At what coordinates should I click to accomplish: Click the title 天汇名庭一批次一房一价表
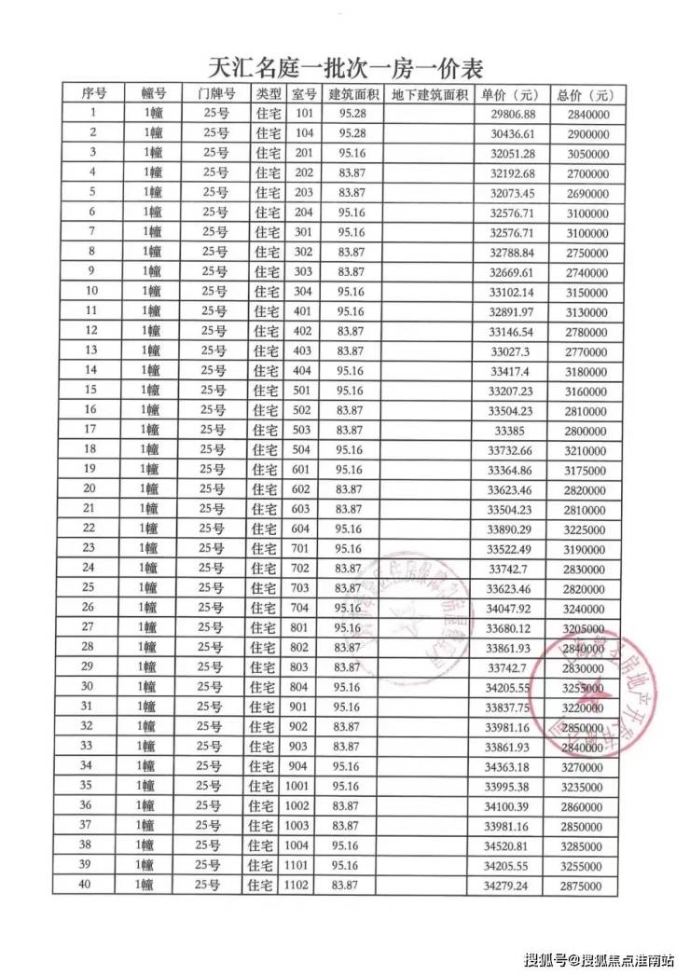[x=345, y=68]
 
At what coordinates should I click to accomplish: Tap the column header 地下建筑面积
[x=429, y=94]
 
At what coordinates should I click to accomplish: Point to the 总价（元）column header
[x=585, y=95]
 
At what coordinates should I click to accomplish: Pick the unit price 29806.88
[x=513, y=114]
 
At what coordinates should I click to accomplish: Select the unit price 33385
[x=513, y=430]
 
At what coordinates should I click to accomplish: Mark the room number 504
[x=301, y=449]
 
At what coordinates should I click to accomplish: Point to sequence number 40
[x=86, y=885]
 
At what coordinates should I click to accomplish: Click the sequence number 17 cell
[x=90, y=429]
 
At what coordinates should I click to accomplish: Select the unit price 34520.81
[x=513, y=845]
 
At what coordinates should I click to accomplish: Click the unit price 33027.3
[x=513, y=350]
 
